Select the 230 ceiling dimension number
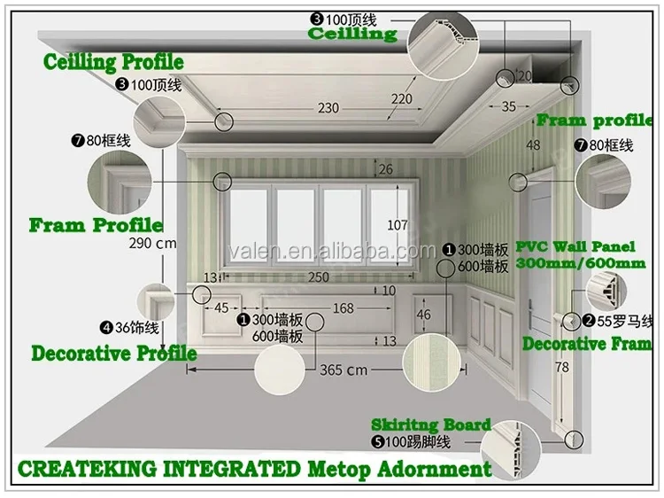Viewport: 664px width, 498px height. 328,108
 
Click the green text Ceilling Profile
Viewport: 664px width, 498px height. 114,62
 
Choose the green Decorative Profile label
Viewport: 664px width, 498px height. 114,353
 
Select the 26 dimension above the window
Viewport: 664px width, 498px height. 385,169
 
